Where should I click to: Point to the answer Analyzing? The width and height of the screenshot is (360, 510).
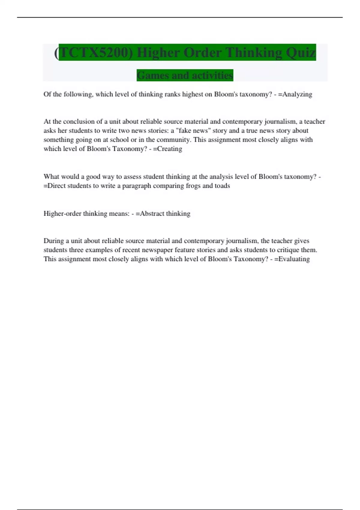click(x=297, y=94)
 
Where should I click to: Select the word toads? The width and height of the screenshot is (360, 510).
click(x=222, y=186)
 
